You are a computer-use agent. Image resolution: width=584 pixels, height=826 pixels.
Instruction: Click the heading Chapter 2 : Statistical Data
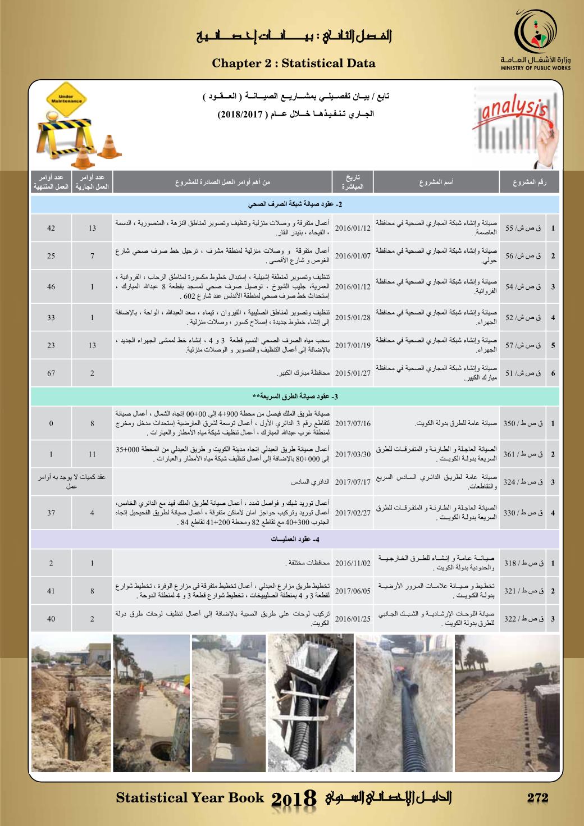293,63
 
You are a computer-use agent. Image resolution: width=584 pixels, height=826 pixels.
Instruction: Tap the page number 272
537,797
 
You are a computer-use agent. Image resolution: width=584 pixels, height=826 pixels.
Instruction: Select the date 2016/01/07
353,256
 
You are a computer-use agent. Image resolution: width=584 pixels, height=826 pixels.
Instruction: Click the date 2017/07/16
353,423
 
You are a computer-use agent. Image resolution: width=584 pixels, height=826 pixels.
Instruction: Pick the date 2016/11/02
353,563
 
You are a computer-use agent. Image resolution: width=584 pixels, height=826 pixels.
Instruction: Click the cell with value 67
51,373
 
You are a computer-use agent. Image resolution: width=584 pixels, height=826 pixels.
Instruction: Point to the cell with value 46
51,286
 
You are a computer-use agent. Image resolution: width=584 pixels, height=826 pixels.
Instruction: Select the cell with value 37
51,513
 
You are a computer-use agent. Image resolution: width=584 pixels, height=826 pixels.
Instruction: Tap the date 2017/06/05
353,591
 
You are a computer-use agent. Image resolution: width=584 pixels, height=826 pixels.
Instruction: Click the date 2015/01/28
353,317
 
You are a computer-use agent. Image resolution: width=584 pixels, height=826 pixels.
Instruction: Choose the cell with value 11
93,454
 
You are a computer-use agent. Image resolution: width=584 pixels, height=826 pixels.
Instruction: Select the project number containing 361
522,454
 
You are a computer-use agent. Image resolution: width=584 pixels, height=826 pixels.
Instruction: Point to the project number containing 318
522,563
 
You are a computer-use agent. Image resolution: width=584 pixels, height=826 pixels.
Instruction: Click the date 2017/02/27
353,513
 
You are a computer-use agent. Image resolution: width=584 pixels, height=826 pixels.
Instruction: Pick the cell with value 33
51,317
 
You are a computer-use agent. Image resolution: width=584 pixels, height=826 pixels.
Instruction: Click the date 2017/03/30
353,454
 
